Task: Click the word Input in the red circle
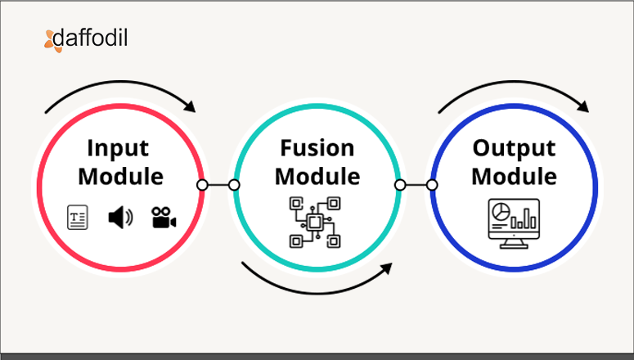pyautogui.click(x=119, y=149)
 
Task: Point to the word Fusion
pyautogui.click(x=317, y=148)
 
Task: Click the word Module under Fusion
pyautogui.click(x=317, y=176)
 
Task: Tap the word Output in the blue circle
pyautogui.click(x=514, y=148)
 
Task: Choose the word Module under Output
pyautogui.click(x=514, y=176)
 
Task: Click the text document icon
pyautogui.click(x=78, y=218)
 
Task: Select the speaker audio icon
pyautogui.click(x=119, y=218)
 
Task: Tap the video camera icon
pyautogui.click(x=164, y=218)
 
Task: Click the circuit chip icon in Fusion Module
pyautogui.click(x=314, y=222)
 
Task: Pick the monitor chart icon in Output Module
pyautogui.click(x=513, y=221)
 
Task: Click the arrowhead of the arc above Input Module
pyautogui.click(x=191, y=106)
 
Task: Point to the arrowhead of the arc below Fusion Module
pyautogui.click(x=386, y=269)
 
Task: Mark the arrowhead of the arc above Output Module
pyautogui.click(x=583, y=106)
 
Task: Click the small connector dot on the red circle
pyautogui.click(x=202, y=185)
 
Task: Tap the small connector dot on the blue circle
pyautogui.click(x=433, y=185)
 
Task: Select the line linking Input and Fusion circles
pyautogui.click(x=218, y=185)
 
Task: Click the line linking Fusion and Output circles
pyautogui.click(x=416, y=185)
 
